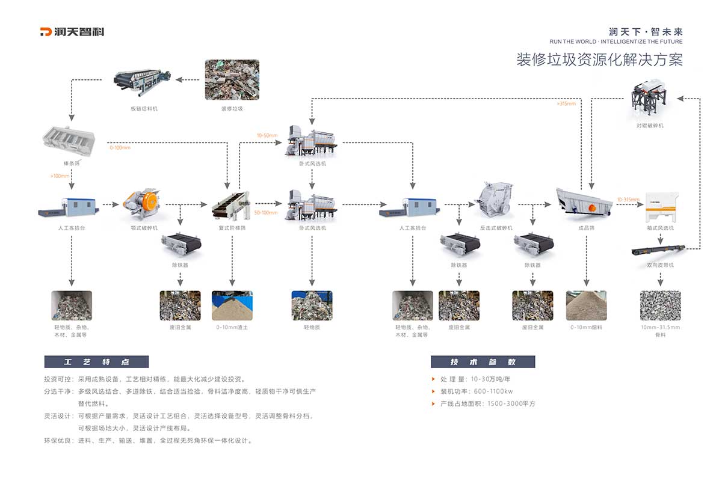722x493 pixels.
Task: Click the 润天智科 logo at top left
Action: (72, 32)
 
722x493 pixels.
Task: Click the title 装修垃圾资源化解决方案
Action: (599, 60)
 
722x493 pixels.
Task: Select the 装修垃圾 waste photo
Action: (232, 79)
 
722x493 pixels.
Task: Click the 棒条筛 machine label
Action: (72, 163)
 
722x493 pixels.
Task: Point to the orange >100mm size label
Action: (61, 176)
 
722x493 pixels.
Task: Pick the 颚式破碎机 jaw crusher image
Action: (143, 205)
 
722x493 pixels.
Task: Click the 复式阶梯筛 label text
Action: (232, 228)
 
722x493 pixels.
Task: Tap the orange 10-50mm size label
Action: (267, 136)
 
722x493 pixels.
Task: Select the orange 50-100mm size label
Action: (267, 212)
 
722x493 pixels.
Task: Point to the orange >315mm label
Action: (566, 103)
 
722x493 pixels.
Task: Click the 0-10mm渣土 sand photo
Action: (232, 305)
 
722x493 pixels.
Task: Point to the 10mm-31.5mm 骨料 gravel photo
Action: (660, 305)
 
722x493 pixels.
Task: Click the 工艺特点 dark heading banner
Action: (96, 362)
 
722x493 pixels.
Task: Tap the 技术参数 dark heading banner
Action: (483, 362)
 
